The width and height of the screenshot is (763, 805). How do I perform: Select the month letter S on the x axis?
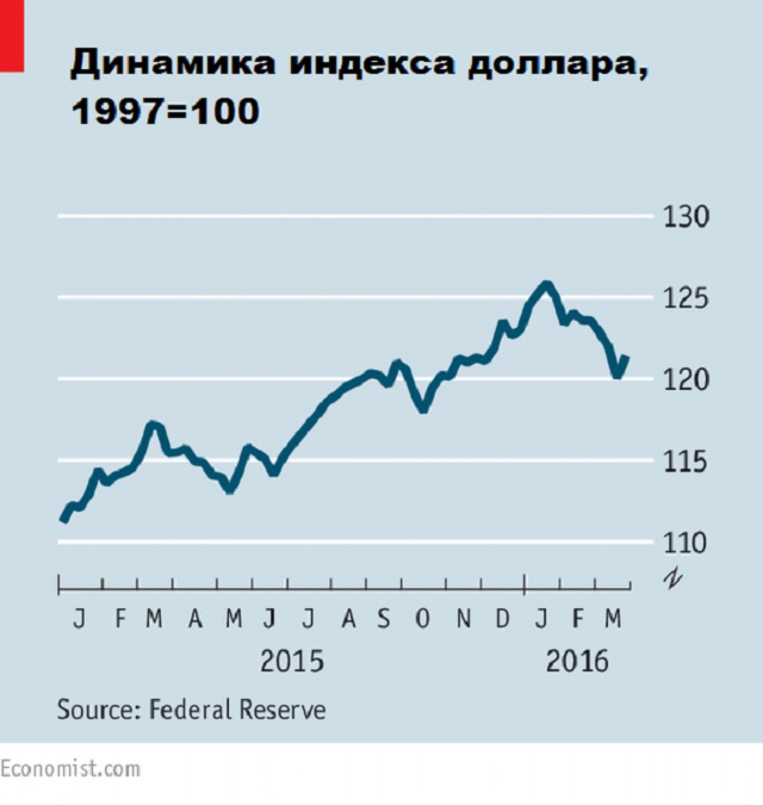click(x=384, y=619)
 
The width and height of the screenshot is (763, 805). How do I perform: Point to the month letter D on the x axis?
click(x=502, y=619)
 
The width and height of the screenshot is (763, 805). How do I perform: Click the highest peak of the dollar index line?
click(x=545, y=285)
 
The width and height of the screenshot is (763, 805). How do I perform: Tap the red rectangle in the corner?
click(x=11, y=36)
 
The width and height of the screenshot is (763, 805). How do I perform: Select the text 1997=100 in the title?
click(x=165, y=112)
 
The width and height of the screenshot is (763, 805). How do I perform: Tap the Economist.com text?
click(x=70, y=769)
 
